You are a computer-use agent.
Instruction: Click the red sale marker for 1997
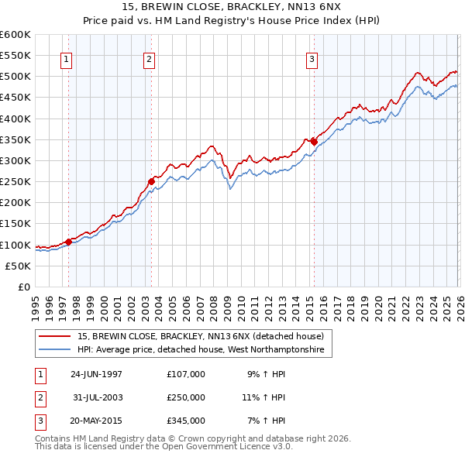tap(68, 242)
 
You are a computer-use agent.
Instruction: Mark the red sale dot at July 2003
tap(151, 181)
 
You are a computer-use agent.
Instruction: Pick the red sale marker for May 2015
tap(314, 142)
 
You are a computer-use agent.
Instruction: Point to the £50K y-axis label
tap(19, 266)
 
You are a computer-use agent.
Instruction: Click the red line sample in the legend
tap(56, 336)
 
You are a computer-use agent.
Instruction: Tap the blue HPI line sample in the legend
tap(56, 350)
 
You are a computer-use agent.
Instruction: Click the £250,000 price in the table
tap(186, 397)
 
